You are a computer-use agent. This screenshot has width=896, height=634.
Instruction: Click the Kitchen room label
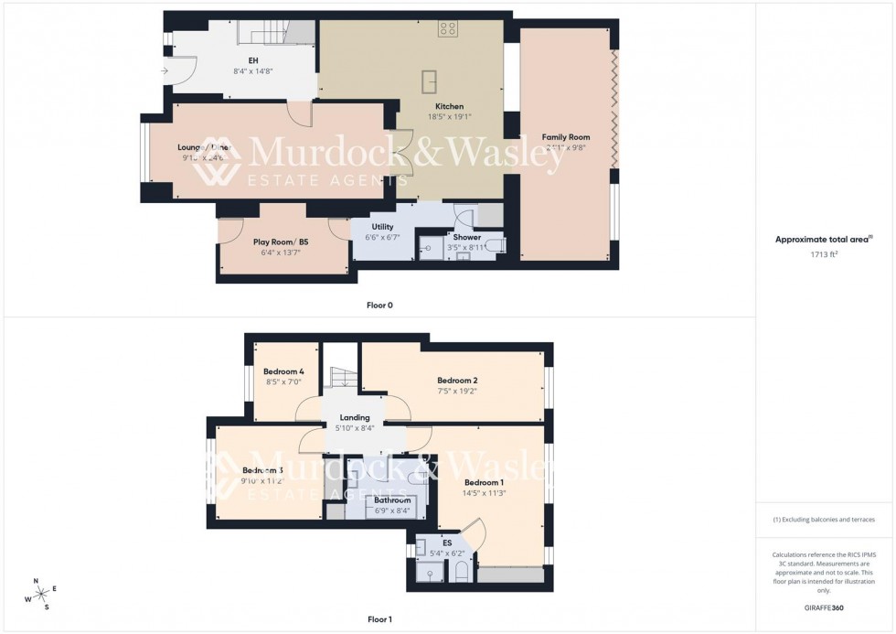pyautogui.click(x=449, y=106)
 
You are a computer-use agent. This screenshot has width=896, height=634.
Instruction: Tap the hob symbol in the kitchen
pyautogui.click(x=447, y=28)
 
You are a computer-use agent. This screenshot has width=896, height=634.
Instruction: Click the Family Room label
pyautogui.click(x=566, y=137)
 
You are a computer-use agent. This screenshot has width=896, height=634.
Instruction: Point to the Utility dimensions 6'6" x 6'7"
pyautogui.click(x=382, y=237)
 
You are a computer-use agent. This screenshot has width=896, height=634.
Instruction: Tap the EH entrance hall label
pyautogui.click(x=241, y=60)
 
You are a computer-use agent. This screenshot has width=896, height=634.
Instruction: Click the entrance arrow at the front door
pyautogui.click(x=164, y=70)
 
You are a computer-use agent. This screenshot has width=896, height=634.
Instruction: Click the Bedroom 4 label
pyautogui.click(x=283, y=371)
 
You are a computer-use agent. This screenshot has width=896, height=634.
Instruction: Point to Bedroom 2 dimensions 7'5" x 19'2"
pyautogui.click(x=457, y=391)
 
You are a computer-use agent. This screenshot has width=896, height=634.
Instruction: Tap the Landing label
pyautogui.click(x=355, y=418)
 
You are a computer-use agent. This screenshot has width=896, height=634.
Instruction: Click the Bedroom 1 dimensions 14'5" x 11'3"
pyautogui.click(x=484, y=493)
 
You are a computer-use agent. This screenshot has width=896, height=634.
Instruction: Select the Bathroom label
pyautogui.click(x=392, y=500)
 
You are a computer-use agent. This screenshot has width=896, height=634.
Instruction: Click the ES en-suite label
pyautogui.click(x=447, y=543)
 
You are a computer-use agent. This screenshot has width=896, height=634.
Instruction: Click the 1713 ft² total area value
pyautogui.click(x=825, y=255)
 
